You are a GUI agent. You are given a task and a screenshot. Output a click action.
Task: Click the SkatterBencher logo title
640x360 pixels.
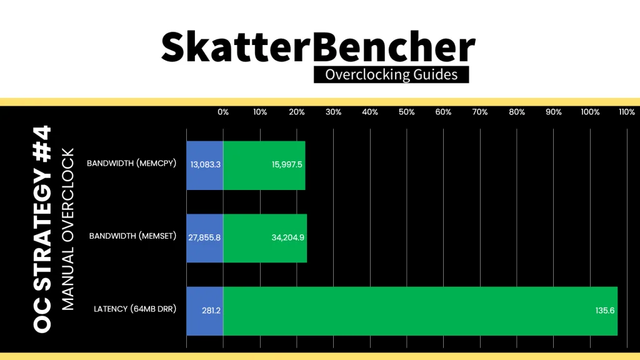coord(318,47)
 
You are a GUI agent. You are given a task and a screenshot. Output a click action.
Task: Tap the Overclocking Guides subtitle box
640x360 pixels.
coord(391,75)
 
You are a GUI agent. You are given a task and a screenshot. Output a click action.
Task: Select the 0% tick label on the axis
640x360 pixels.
coord(223,112)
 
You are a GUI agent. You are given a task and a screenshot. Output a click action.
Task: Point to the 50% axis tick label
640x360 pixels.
coord(406,112)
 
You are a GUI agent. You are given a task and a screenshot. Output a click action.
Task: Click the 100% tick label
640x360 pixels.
coord(590,112)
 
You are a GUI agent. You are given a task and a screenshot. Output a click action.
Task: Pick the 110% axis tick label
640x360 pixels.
coord(626,112)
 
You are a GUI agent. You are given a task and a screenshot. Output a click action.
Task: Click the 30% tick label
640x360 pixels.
coord(333,112)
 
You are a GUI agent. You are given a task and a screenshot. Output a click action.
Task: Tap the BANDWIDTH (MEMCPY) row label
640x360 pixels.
coord(131,163)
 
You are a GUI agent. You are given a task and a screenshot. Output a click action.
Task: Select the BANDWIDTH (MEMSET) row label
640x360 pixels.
coord(132,236)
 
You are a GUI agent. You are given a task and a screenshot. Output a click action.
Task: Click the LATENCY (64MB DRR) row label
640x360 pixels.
coord(135,309)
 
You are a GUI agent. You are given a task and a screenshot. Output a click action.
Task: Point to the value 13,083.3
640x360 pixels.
coord(205,164)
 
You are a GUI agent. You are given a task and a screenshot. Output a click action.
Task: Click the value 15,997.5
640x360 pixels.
coord(287,164)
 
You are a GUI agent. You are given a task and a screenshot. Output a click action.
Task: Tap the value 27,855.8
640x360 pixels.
coord(204,237)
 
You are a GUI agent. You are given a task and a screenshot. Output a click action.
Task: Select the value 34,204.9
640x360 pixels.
coord(287,237)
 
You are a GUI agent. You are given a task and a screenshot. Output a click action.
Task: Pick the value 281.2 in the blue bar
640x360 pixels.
coord(211,311)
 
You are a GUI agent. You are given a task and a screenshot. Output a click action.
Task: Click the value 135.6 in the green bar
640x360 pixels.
coord(605,311)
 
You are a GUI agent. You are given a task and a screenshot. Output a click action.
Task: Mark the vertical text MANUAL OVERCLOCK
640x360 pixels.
coord(67,229)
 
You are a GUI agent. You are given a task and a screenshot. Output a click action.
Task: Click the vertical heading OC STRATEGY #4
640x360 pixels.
coord(42,229)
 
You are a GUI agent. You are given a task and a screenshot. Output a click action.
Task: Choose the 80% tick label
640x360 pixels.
coord(517,112)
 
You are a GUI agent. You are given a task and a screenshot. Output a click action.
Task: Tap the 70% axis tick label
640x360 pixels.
coord(479,112)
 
